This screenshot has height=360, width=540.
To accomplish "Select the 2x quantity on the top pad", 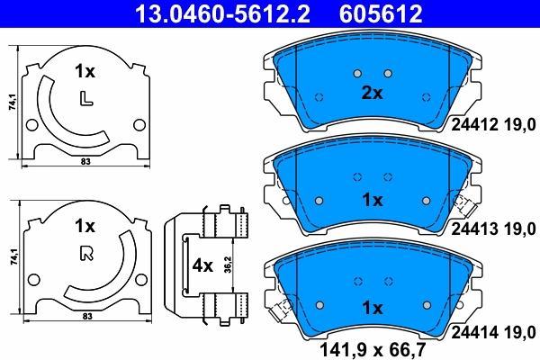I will [x=372, y=93].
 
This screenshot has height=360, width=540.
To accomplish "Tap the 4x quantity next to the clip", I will [x=204, y=266].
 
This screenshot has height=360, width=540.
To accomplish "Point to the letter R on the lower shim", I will [x=86, y=252].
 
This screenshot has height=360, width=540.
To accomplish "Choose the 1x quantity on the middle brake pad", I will [x=372, y=199].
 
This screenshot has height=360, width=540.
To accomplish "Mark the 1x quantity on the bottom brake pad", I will [x=372, y=307].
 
